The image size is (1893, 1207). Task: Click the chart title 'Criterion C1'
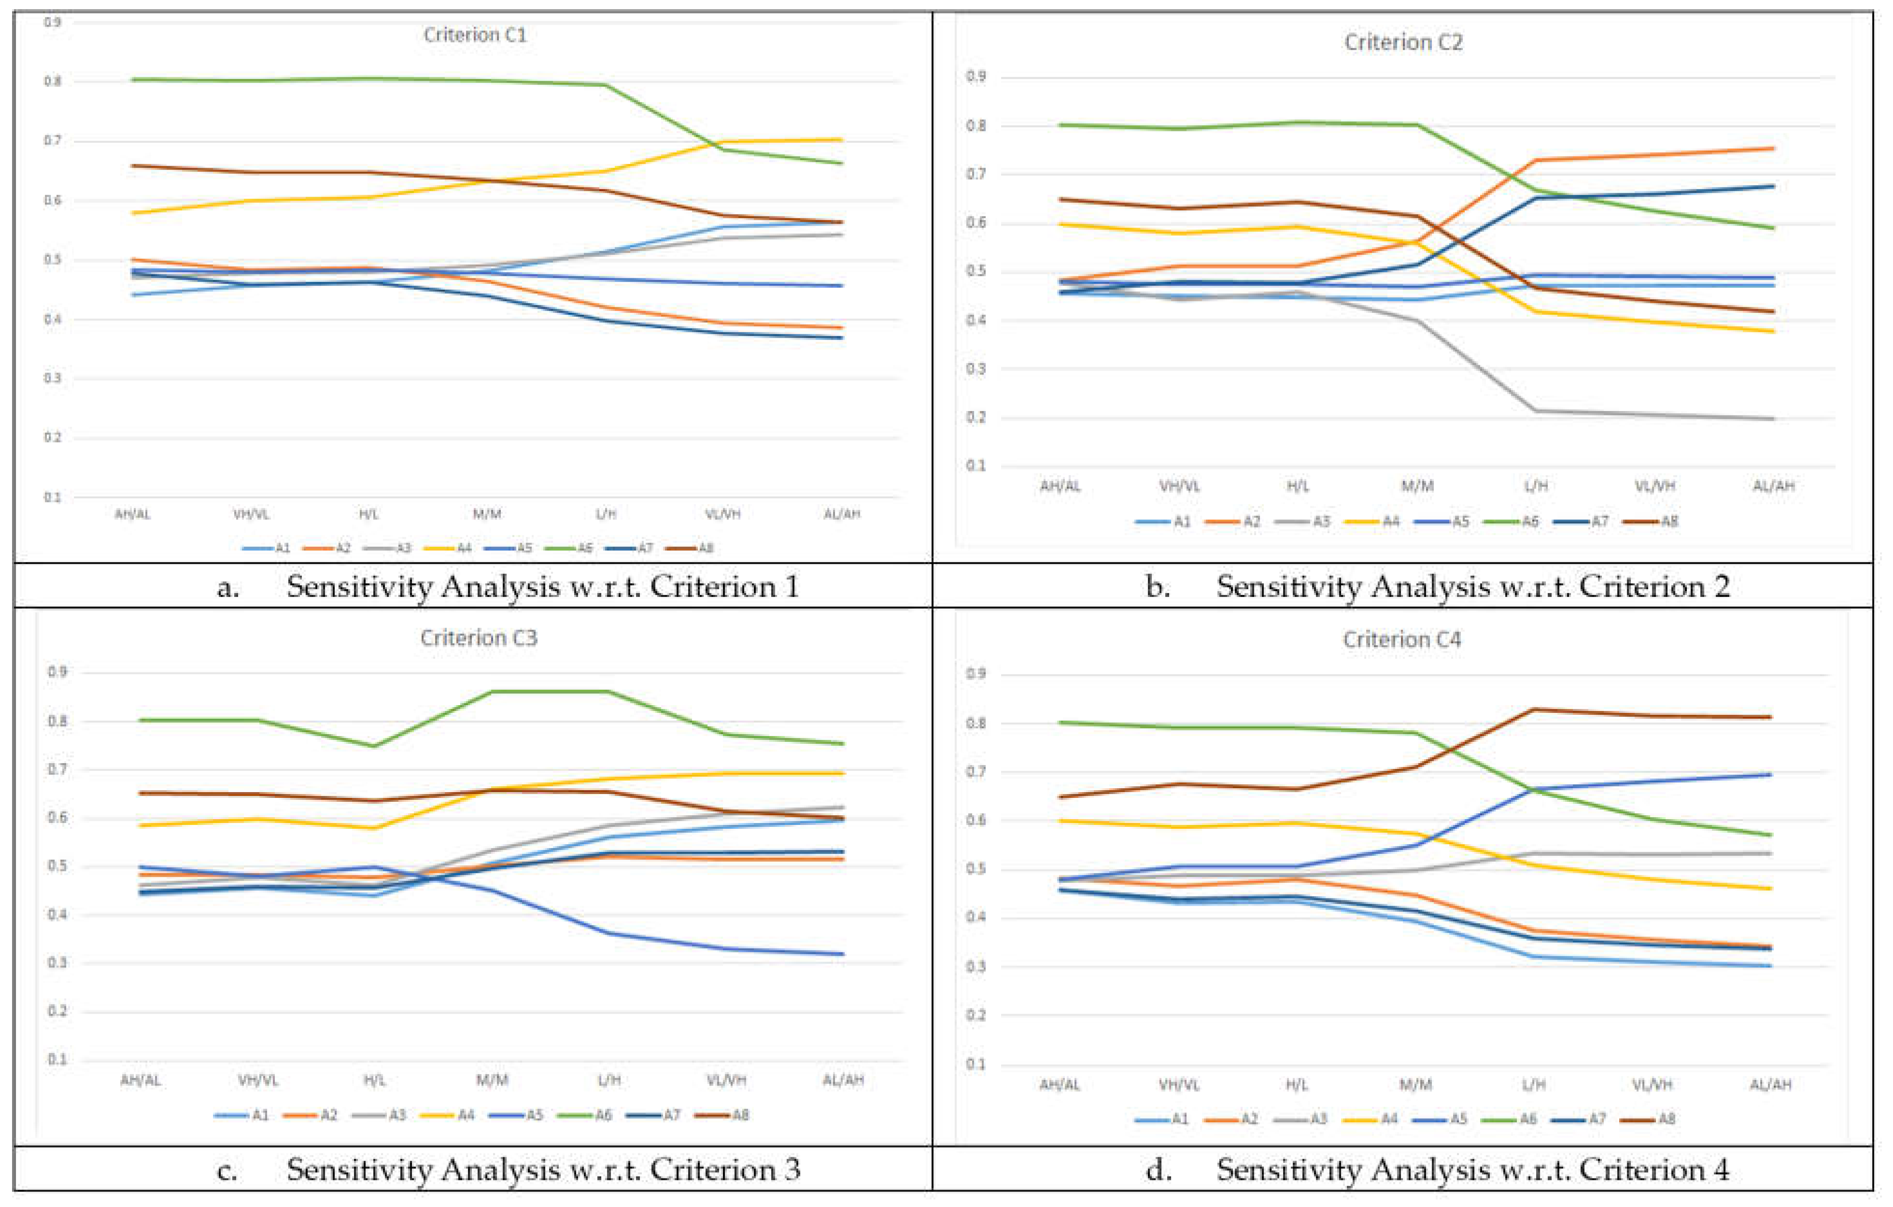pos(475,35)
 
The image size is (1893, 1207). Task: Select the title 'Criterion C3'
pos(478,638)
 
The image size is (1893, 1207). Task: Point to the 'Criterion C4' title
pos(1402,640)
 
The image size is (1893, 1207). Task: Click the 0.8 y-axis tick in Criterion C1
pos(53,81)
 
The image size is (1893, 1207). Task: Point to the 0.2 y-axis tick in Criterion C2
pos(975,417)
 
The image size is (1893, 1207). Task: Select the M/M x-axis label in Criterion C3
pos(492,1079)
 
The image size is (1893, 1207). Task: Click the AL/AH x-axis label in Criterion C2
pos(1774,486)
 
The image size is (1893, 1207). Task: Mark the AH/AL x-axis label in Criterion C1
pos(132,514)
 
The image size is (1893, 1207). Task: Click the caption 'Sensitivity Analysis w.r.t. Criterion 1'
pos(542,586)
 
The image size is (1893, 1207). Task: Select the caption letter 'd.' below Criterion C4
pos(1158,1169)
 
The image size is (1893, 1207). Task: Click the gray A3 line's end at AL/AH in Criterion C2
pos(1774,418)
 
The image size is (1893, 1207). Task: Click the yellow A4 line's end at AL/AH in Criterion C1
pos(841,140)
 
